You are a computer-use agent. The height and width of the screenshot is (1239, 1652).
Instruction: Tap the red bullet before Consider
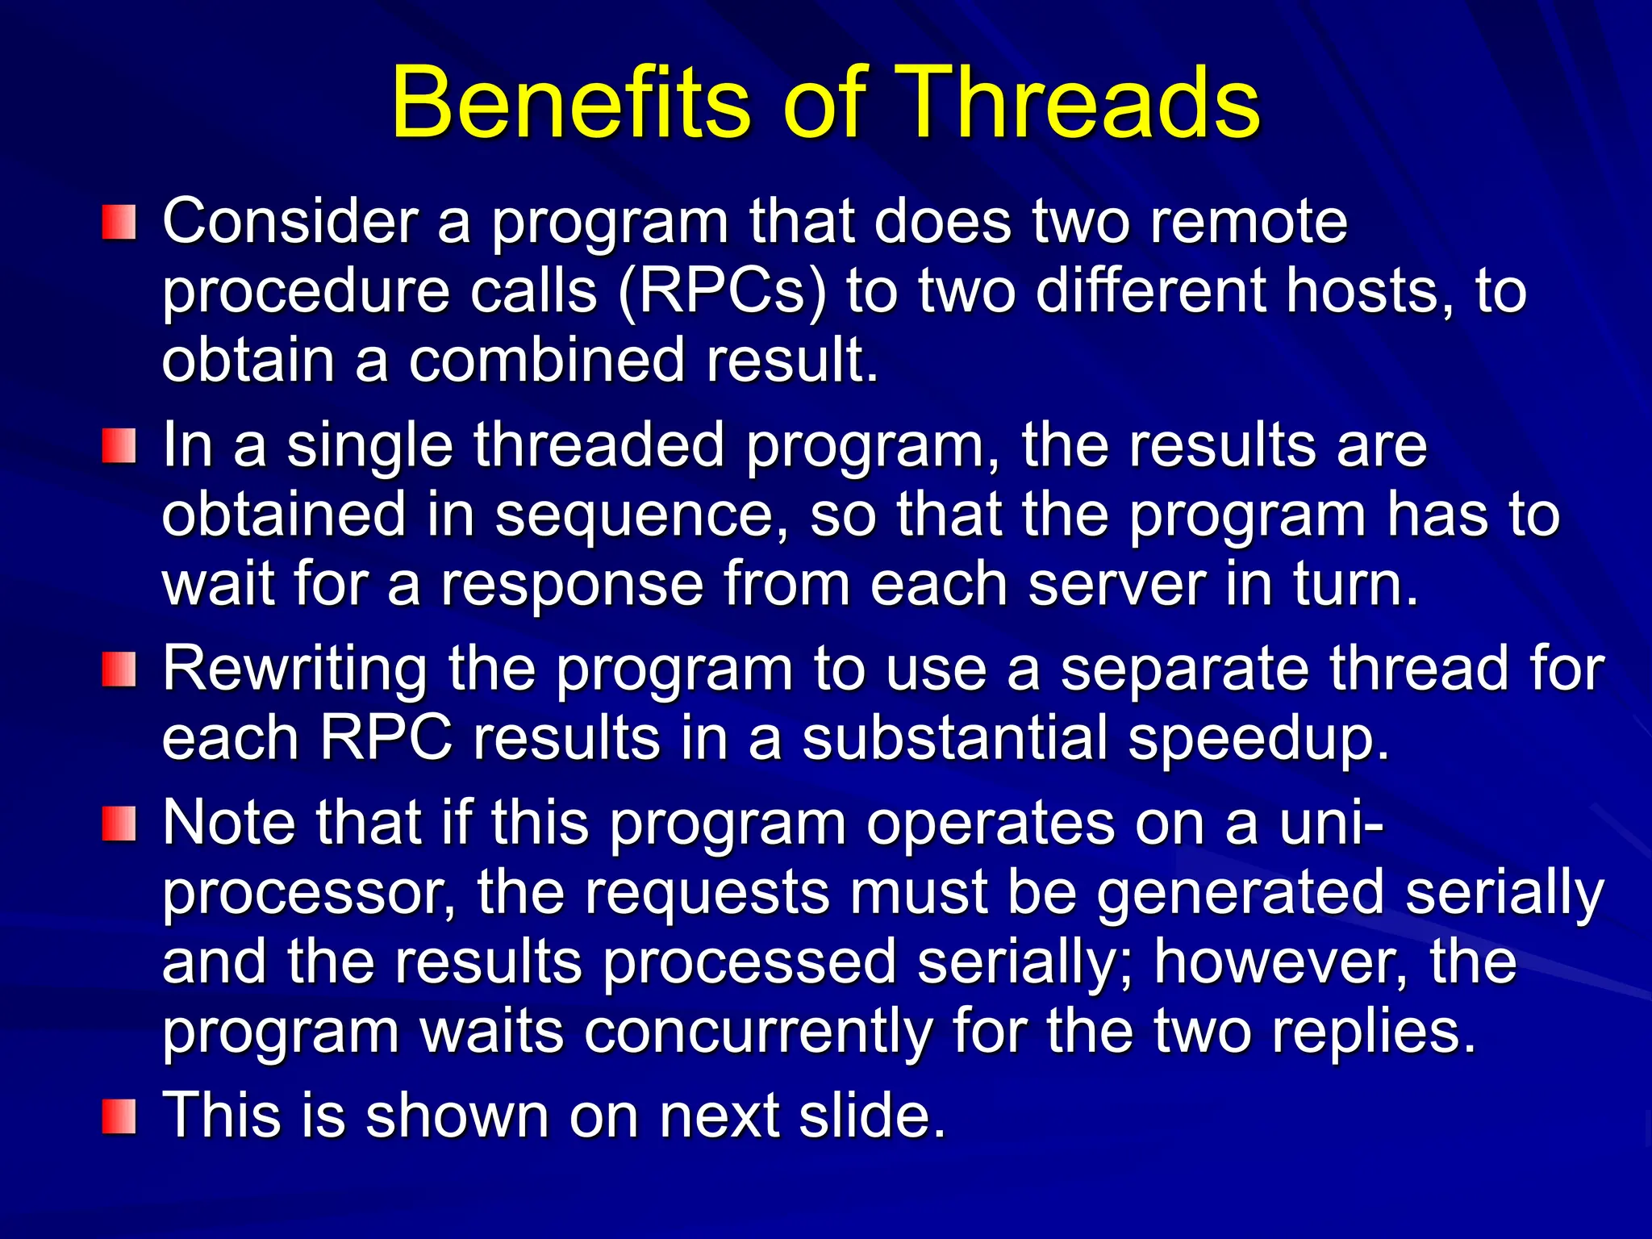click(x=119, y=222)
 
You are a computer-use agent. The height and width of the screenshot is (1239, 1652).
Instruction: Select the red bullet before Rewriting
click(x=119, y=670)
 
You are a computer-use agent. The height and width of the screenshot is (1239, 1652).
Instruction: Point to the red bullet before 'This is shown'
click(x=119, y=1116)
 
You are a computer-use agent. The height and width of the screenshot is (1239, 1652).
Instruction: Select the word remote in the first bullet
click(x=1249, y=221)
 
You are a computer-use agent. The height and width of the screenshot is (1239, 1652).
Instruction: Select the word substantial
click(x=956, y=739)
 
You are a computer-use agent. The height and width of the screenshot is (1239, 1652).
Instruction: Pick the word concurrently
click(x=757, y=1031)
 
